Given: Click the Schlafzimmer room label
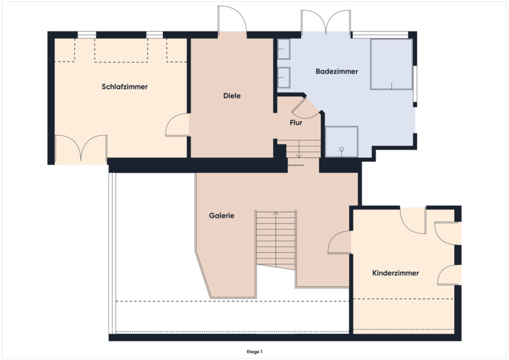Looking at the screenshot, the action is [124, 87].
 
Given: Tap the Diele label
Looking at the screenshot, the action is [232, 96].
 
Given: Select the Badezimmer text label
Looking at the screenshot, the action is [337, 71].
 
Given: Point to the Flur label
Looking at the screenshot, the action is [296, 123].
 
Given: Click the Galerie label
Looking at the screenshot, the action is [221, 216].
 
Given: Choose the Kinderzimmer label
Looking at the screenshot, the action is [395, 273].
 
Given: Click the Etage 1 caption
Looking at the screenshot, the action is [255, 352].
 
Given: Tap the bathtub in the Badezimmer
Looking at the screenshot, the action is [391, 65].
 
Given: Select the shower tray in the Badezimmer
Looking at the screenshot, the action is [342, 142].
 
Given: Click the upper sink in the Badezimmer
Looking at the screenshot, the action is [284, 49].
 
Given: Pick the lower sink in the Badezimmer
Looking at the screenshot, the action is [284, 78].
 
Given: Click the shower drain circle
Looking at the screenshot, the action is [342, 149].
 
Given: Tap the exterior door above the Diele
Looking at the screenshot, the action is [232, 19].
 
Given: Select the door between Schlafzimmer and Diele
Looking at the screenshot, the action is [177, 125].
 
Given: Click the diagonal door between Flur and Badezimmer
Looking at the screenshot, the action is [305, 108].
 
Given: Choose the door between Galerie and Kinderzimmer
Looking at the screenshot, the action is [339, 242].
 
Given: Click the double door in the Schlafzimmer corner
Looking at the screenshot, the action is [81, 148].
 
